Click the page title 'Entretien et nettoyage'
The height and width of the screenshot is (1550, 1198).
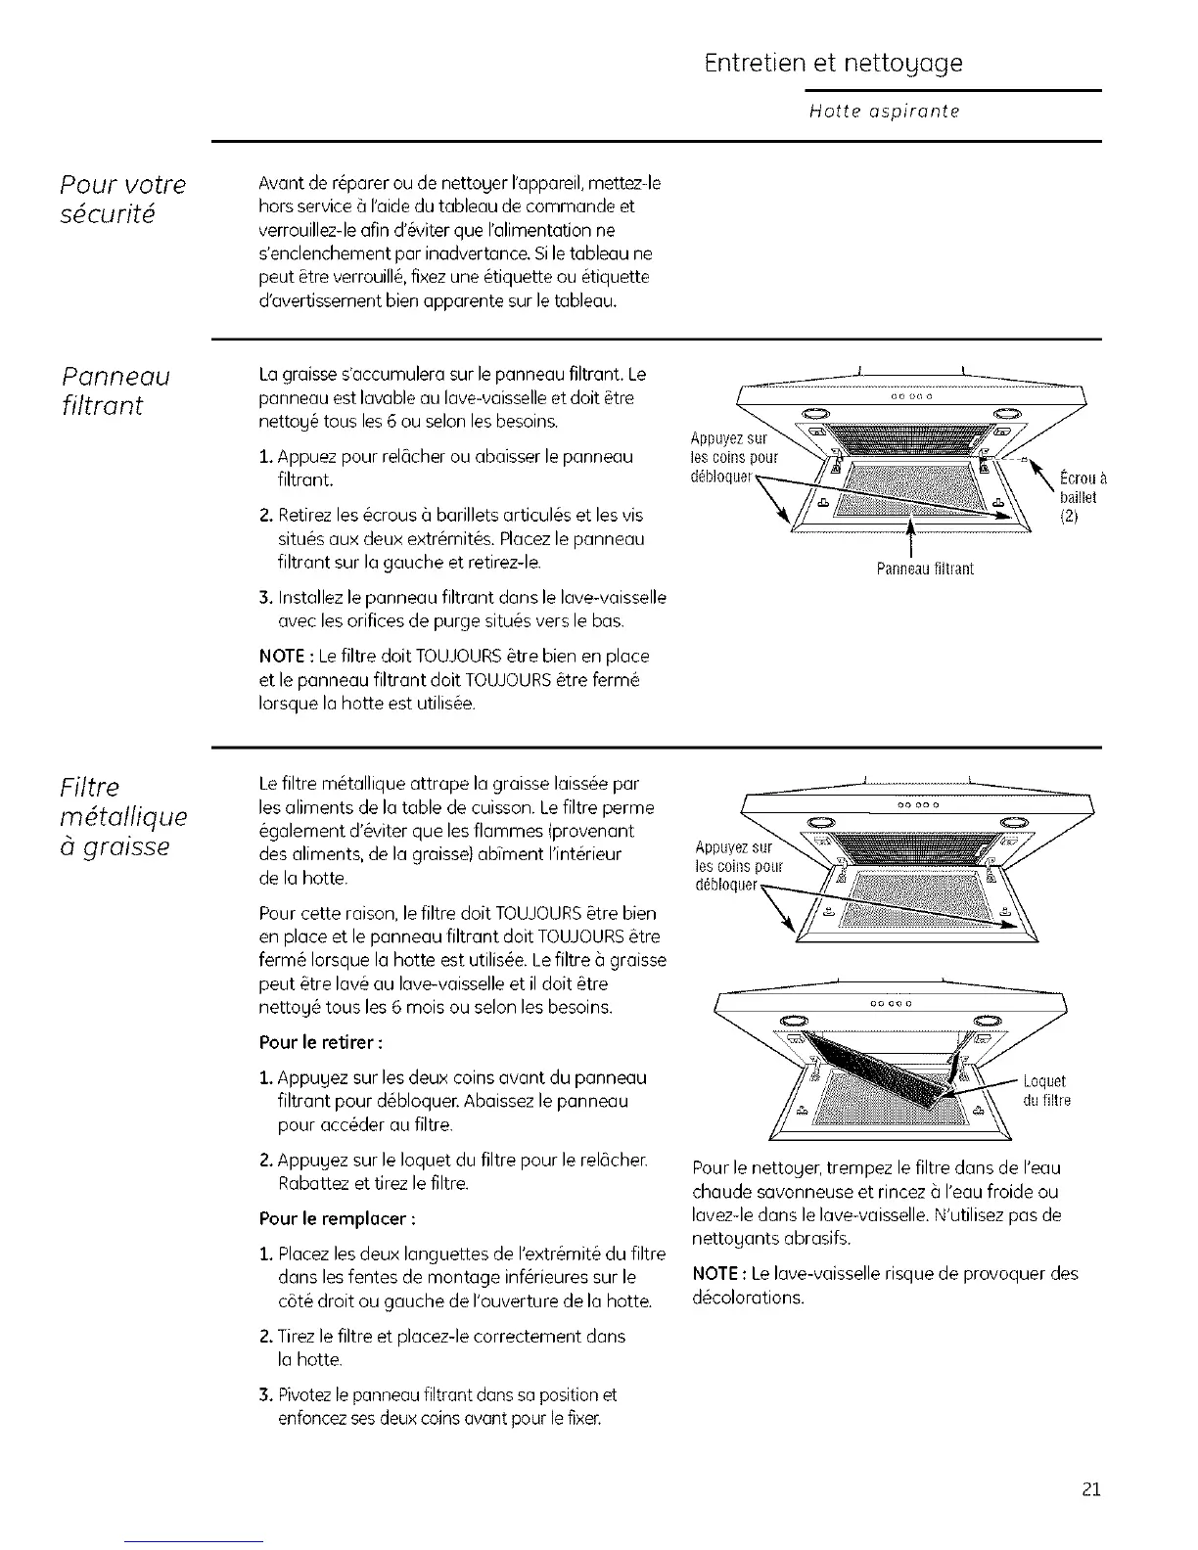tap(833, 64)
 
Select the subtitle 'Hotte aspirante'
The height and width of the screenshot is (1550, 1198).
tap(884, 112)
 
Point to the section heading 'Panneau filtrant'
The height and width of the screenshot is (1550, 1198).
tap(115, 390)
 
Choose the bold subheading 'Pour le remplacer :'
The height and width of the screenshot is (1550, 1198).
tap(324, 1219)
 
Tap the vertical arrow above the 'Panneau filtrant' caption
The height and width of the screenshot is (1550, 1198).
tap(911, 538)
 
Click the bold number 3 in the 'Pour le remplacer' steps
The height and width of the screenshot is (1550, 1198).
tap(264, 1393)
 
